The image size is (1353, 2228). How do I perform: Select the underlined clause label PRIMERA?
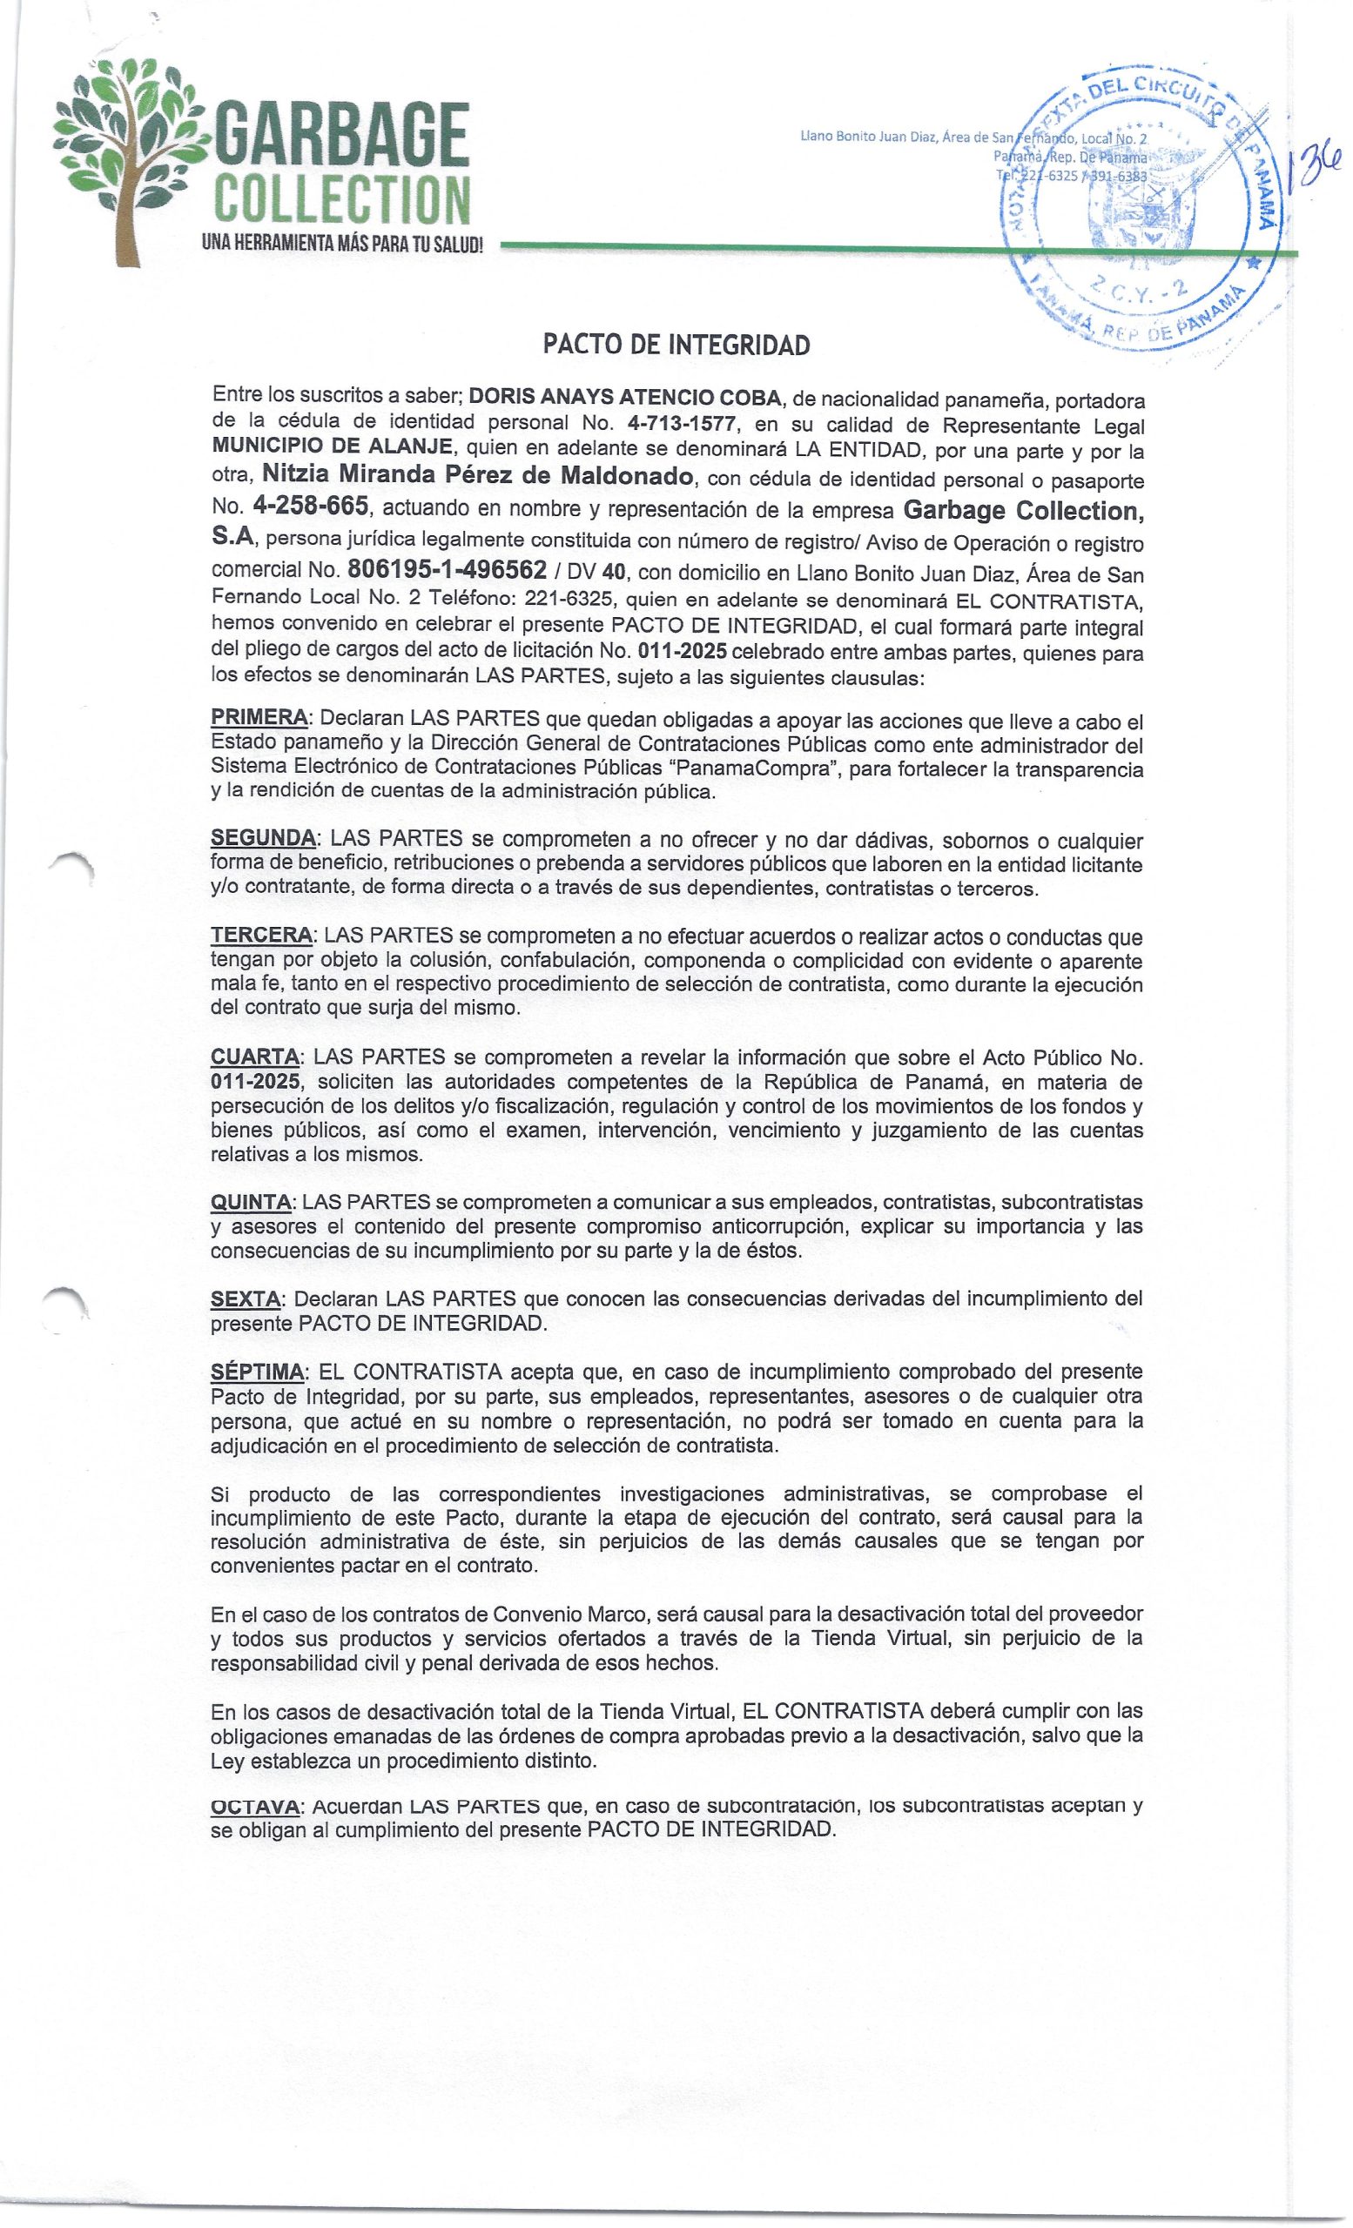tap(259, 720)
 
